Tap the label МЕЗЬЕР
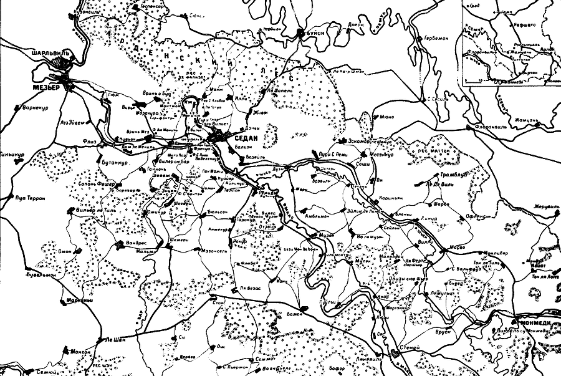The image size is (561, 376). click(46, 87)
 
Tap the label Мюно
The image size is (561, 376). click(386, 116)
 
